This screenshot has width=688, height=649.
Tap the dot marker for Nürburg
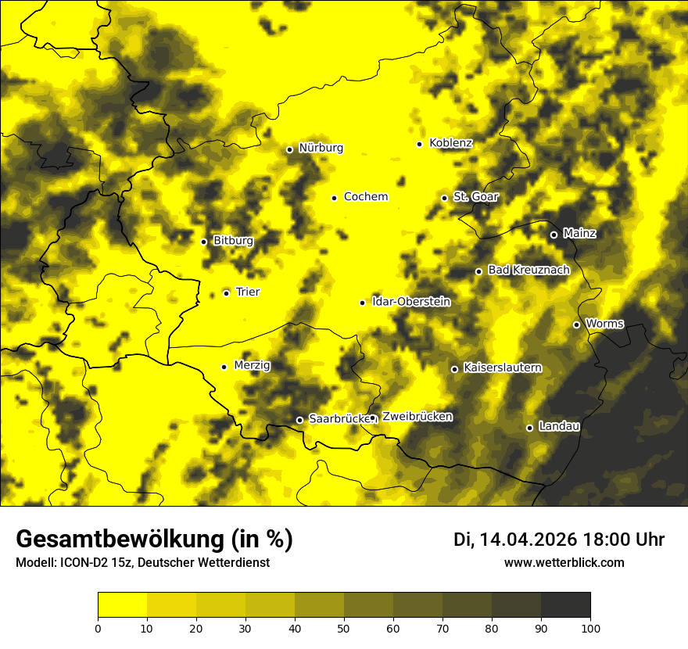coord(289,149)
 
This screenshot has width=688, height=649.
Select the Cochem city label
coord(365,197)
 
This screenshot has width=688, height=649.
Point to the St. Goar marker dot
coord(444,198)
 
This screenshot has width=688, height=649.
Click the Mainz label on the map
coord(579,234)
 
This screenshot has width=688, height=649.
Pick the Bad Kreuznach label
coord(529,270)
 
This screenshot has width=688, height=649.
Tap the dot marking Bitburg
coord(203,242)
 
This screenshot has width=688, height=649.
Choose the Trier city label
coord(248,292)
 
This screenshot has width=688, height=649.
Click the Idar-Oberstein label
coord(410,302)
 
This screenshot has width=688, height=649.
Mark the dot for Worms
coord(576,324)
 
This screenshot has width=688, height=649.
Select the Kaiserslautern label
coord(502,368)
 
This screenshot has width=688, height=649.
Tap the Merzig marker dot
coord(224,367)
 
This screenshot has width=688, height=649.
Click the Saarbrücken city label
coord(339,419)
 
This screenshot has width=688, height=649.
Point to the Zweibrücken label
coord(417,417)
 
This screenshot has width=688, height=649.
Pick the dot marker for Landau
coord(529,428)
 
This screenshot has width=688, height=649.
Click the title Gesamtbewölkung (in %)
coord(154,540)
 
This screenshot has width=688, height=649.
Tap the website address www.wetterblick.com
coord(564,562)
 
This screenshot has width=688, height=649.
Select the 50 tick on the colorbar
coord(344,628)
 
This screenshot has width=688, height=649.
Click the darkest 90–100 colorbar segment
coord(565,604)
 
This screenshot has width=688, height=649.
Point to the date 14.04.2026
coord(528,540)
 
